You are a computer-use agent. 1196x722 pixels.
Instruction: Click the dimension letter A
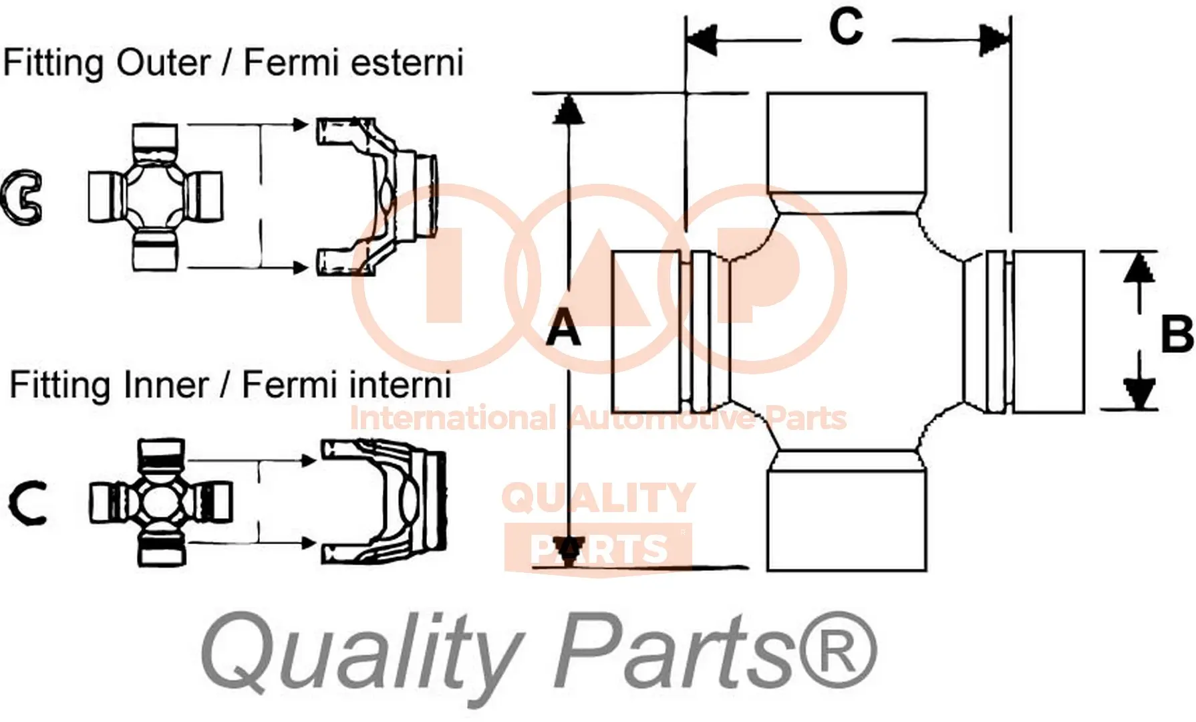tap(563, 330)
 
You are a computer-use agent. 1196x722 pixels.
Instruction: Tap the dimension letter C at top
tap(846, 28)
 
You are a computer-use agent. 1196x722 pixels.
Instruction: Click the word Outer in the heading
tap(163, 64)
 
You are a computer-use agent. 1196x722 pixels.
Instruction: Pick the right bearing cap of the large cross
tap(1048, 331)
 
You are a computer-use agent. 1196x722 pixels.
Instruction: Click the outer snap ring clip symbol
tap(21, 197)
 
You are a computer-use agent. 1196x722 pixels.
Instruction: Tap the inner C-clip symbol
tap(27, 503)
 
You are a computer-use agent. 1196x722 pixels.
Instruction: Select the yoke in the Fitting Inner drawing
tap(384, 501)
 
